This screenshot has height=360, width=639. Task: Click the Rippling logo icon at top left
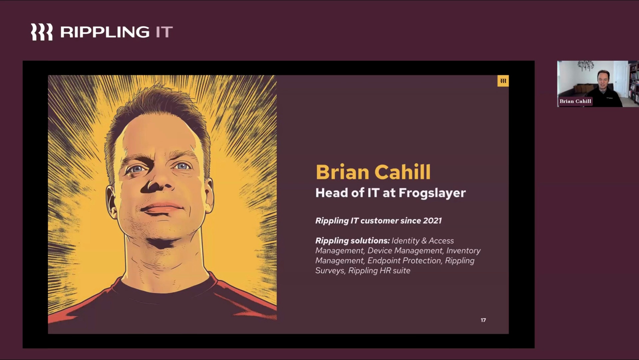42,32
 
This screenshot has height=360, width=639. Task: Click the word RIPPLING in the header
105,32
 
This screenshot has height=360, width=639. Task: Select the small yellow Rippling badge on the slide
503,81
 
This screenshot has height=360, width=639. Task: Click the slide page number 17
483,320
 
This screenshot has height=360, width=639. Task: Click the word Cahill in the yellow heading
402,172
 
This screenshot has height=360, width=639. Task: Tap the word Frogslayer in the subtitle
432,193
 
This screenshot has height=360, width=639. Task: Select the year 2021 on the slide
432,221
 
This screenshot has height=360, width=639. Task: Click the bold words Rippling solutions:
352,241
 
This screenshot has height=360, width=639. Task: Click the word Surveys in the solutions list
330,271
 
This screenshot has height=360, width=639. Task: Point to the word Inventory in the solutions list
463,251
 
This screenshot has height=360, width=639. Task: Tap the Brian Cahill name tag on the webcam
575,101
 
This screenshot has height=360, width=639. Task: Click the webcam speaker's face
603,81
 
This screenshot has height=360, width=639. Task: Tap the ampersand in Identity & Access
424,241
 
